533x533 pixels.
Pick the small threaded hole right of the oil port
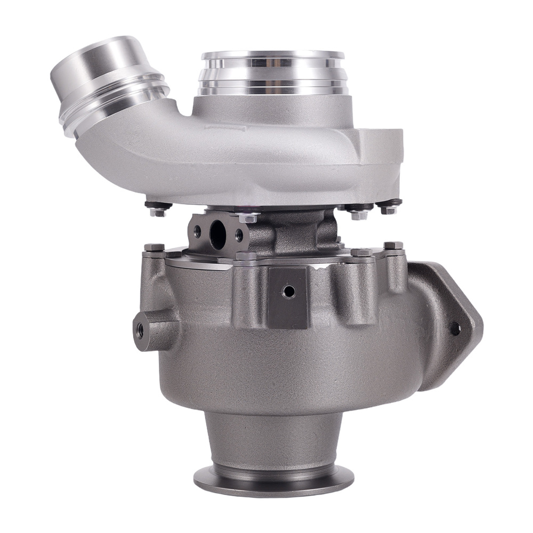coord(239,233)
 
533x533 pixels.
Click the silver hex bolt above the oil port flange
coord(248,217)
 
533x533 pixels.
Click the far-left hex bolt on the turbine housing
coord(154,247)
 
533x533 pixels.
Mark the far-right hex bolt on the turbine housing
coord(393,245)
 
